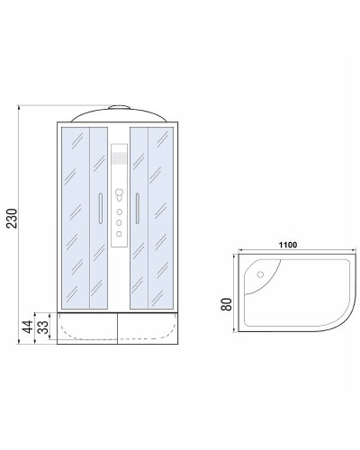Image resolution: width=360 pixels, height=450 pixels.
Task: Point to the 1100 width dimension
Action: click(287, 244)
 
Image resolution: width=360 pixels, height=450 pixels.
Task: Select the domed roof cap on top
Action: click(118, 113)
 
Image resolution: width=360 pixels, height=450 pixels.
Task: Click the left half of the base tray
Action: click(87, 328)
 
